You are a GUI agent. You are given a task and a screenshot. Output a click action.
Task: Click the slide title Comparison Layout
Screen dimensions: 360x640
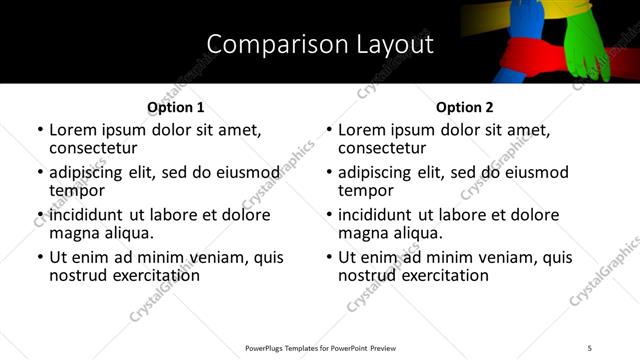pos(320,44)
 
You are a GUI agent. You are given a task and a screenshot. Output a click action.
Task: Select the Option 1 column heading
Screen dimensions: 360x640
pos(175,107)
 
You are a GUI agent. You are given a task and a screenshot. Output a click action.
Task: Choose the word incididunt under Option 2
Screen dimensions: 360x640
pos(379,214)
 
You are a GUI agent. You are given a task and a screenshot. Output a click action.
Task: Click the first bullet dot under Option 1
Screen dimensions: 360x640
pos(40,130)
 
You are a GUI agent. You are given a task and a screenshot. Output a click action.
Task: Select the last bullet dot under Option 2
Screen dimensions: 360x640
pos(329,257)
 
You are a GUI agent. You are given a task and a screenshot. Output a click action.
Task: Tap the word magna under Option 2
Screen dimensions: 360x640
pos(362,233)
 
